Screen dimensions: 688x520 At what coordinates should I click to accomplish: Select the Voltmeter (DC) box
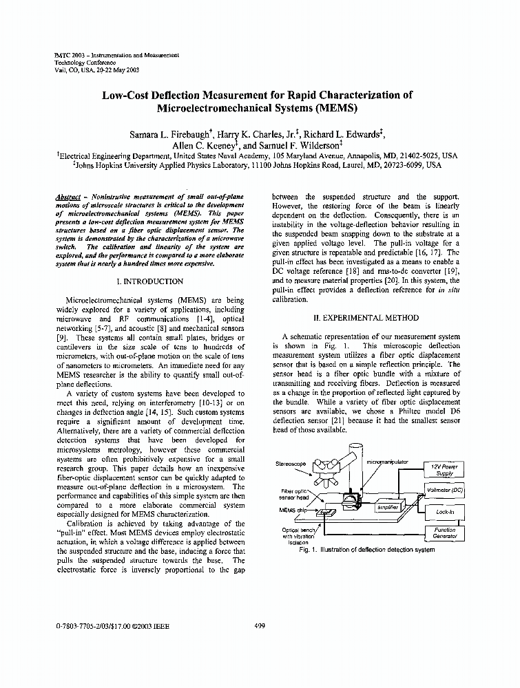445,491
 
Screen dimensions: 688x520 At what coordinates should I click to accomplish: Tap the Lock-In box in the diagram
445,512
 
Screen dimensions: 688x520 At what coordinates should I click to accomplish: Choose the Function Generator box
445,533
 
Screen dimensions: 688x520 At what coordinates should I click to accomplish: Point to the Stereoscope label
290,464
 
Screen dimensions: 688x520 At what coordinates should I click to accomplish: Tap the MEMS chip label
293,510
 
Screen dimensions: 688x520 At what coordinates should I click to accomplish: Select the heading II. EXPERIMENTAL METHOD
366,319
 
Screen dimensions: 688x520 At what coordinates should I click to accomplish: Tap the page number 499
260,626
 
